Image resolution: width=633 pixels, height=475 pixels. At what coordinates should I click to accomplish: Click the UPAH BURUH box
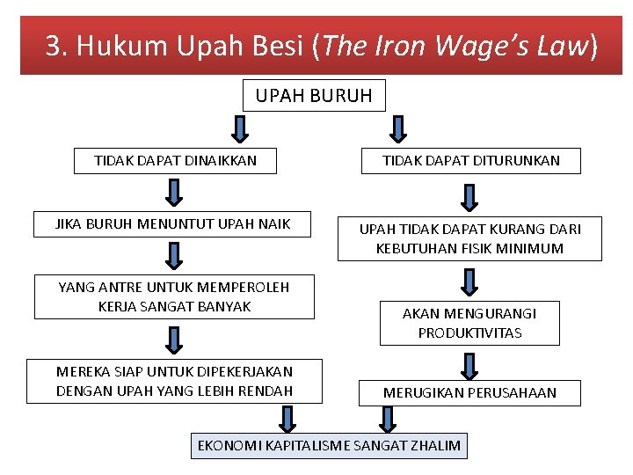(x=314, y=95)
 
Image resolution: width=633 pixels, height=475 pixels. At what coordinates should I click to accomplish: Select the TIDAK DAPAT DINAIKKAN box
(x=175, y=161)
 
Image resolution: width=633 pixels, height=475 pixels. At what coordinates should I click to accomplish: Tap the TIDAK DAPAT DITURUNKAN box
(x=470, y=161)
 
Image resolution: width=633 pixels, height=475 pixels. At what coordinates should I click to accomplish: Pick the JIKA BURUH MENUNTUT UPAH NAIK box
(x=173, y=224)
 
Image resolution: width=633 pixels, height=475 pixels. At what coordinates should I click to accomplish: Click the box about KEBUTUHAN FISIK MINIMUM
(x=469, y=238)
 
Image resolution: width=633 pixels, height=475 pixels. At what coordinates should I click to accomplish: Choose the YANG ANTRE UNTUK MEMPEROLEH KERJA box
(x=174, y=296)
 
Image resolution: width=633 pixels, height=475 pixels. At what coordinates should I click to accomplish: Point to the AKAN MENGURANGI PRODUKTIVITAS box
(x=469, y=323)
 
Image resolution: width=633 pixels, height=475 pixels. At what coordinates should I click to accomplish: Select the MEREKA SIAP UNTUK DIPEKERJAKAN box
(x=174, y=381)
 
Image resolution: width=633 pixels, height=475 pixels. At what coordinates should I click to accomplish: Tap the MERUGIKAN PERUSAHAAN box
(x=469, y=392)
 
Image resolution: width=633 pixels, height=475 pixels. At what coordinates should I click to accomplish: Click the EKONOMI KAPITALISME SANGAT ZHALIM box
(x=329, y=445)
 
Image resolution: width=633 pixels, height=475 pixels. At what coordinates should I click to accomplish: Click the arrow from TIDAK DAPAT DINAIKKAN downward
(x=174, y=193)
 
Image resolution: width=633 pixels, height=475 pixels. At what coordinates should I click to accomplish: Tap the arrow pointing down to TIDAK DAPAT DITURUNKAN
(x=397, y=128)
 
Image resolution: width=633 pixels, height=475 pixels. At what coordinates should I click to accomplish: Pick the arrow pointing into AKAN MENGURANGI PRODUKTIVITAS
(x=469, y=282)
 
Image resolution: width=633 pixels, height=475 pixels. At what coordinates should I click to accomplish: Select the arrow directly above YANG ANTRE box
(x=174, y=256)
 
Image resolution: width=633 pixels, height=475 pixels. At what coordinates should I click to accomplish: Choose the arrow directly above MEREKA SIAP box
(x=174, y=339)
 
